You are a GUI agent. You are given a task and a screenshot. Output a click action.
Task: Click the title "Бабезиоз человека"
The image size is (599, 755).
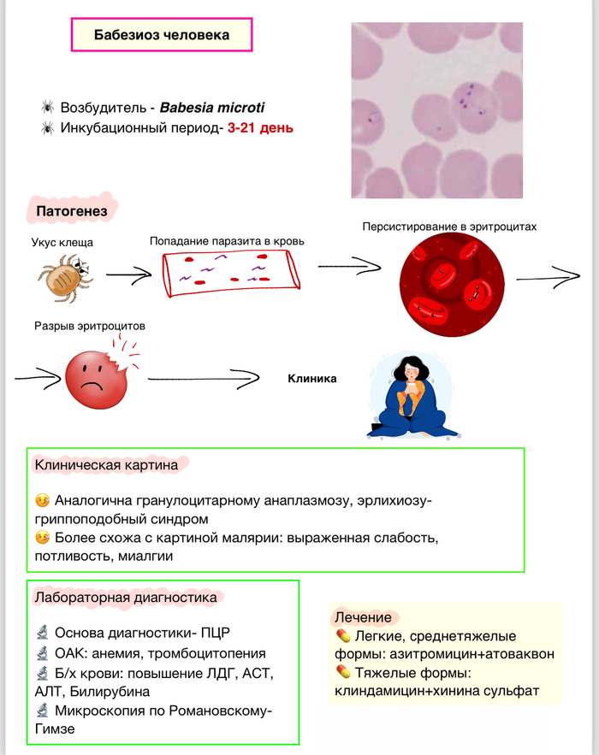click(161, 36)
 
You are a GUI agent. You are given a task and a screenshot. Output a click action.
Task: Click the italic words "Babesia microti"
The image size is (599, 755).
click(212, 109)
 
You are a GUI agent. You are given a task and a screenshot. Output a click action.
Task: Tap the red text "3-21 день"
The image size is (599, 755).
click(260, 128)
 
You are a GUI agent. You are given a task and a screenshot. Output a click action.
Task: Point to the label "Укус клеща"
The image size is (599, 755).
click(62, 243)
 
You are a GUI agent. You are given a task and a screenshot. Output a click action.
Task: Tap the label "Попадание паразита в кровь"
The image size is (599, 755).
click(227, 241)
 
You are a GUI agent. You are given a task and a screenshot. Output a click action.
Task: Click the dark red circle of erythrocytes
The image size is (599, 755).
click(450, 286)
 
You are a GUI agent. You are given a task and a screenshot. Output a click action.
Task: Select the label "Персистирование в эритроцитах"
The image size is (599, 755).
click(450, 227)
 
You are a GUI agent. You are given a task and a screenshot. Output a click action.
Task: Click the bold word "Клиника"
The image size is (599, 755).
click(311, 379)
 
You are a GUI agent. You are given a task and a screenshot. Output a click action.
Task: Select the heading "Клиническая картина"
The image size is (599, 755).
click(106, 465)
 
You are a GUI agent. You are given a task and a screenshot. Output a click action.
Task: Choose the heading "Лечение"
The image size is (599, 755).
click(363, 617)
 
